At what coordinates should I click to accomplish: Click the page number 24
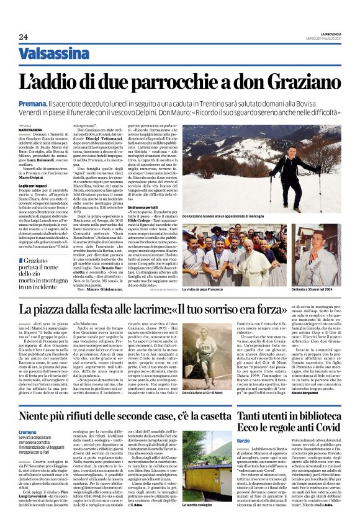tap(23, 37)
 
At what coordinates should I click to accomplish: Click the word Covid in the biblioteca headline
tap(326, 427)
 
